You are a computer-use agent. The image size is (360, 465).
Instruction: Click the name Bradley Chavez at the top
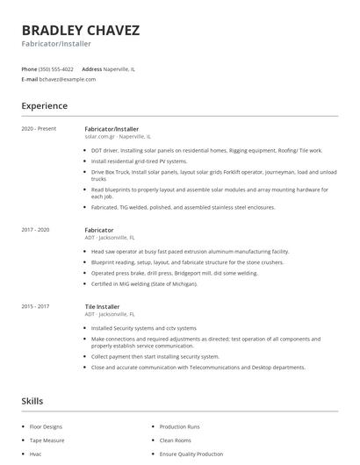click(x=80, y=30)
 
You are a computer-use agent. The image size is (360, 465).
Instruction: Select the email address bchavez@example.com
click(x=68, y=79)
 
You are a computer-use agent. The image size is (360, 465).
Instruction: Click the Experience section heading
click(x=44, y=106)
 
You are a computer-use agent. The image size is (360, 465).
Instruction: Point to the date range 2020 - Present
click(x=39, y=129)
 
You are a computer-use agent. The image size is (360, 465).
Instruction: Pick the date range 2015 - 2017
click(x=35, y=306)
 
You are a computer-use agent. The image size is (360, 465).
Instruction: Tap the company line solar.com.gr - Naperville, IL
click(x=118, y=137)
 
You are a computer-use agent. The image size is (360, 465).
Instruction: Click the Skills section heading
click(x=32, y=401)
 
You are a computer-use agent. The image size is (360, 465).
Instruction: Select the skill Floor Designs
click(x=46, y=426)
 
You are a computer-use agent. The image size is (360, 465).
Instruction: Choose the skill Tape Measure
click(x=47, y=440)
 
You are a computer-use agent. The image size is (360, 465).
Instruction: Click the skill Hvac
click(x=36, y=454)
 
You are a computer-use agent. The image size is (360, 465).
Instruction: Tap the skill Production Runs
click(x=179, y=426)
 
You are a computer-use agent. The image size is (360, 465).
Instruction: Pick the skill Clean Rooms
click(x=176, y=440)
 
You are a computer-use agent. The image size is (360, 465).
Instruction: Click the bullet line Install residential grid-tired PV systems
click(x=139, y=161)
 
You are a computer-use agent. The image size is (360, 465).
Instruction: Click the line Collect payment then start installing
click(x=155, y=357)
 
